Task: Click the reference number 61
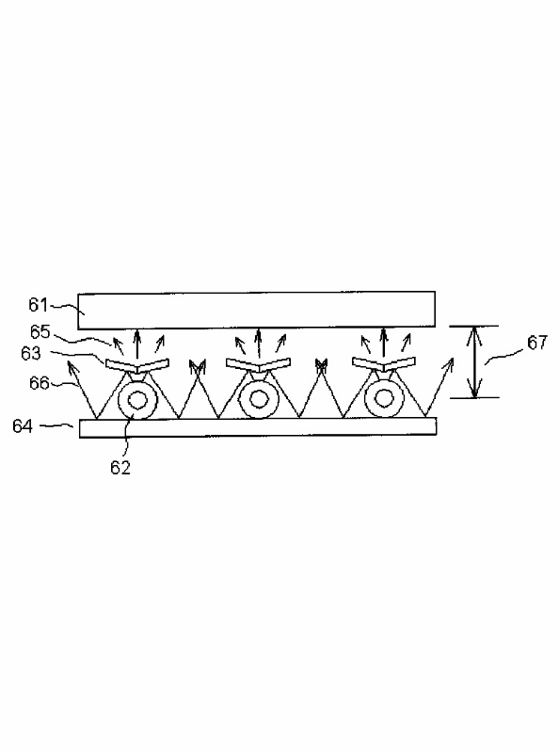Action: [x=39, y=305]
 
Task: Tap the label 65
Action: [x=40, y=332]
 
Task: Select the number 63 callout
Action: [x=31, y=354]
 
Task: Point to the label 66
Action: [x=40, y=383]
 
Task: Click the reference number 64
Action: [x=23, y=426]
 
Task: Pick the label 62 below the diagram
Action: [x=120, y=467]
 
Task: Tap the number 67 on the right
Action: [x=537, y=343]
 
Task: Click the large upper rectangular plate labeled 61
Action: [x=257, y=310]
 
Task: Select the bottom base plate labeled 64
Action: [x=258, y=427]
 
